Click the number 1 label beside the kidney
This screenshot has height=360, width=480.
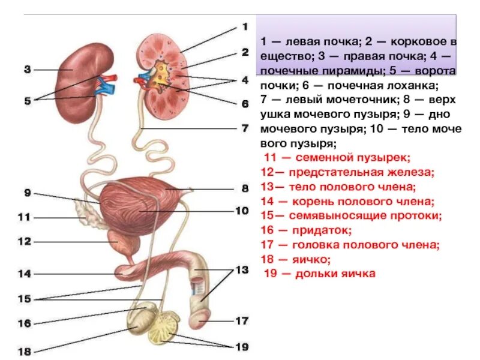tap(244, 26)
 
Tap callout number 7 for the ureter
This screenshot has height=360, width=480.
tap(244, 128)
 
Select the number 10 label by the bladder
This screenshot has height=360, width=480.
tap(241, 210)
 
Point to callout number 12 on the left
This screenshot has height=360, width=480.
tap(24, 242)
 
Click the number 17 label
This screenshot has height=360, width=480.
tap(241, 320)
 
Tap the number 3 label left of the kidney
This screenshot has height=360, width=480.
tap(27, 70)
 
